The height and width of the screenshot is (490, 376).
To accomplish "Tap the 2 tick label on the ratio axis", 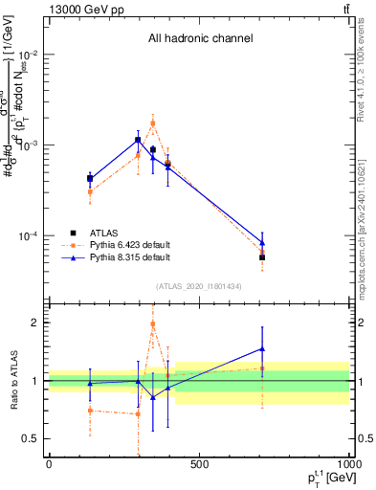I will coord(33,323).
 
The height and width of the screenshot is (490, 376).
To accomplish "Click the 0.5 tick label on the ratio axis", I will coord(30,438).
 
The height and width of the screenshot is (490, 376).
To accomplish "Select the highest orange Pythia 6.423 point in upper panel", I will coord(153,122).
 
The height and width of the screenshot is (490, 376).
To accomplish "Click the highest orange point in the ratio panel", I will coord(153,323).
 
